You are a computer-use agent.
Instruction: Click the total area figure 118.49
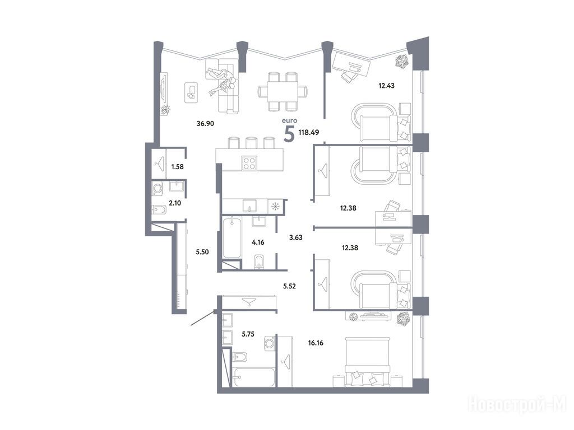309,132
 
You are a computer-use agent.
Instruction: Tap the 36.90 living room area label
205,124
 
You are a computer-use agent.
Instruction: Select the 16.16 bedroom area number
316,343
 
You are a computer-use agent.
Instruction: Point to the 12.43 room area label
387,86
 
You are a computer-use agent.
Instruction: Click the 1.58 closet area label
177,167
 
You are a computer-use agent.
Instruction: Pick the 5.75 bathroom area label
248,334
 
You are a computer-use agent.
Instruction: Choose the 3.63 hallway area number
296,237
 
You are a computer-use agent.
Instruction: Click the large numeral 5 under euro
289,134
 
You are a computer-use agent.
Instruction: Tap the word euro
290,120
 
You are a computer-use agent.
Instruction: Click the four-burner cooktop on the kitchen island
249,163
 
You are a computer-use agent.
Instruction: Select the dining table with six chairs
283,91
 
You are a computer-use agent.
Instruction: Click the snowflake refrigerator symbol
275,207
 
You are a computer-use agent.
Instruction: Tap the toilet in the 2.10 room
159,210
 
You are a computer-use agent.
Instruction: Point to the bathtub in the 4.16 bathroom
232,237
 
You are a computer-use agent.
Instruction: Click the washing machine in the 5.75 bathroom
270,343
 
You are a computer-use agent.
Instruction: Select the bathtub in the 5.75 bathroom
253,377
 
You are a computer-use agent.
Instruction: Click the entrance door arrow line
202,318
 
